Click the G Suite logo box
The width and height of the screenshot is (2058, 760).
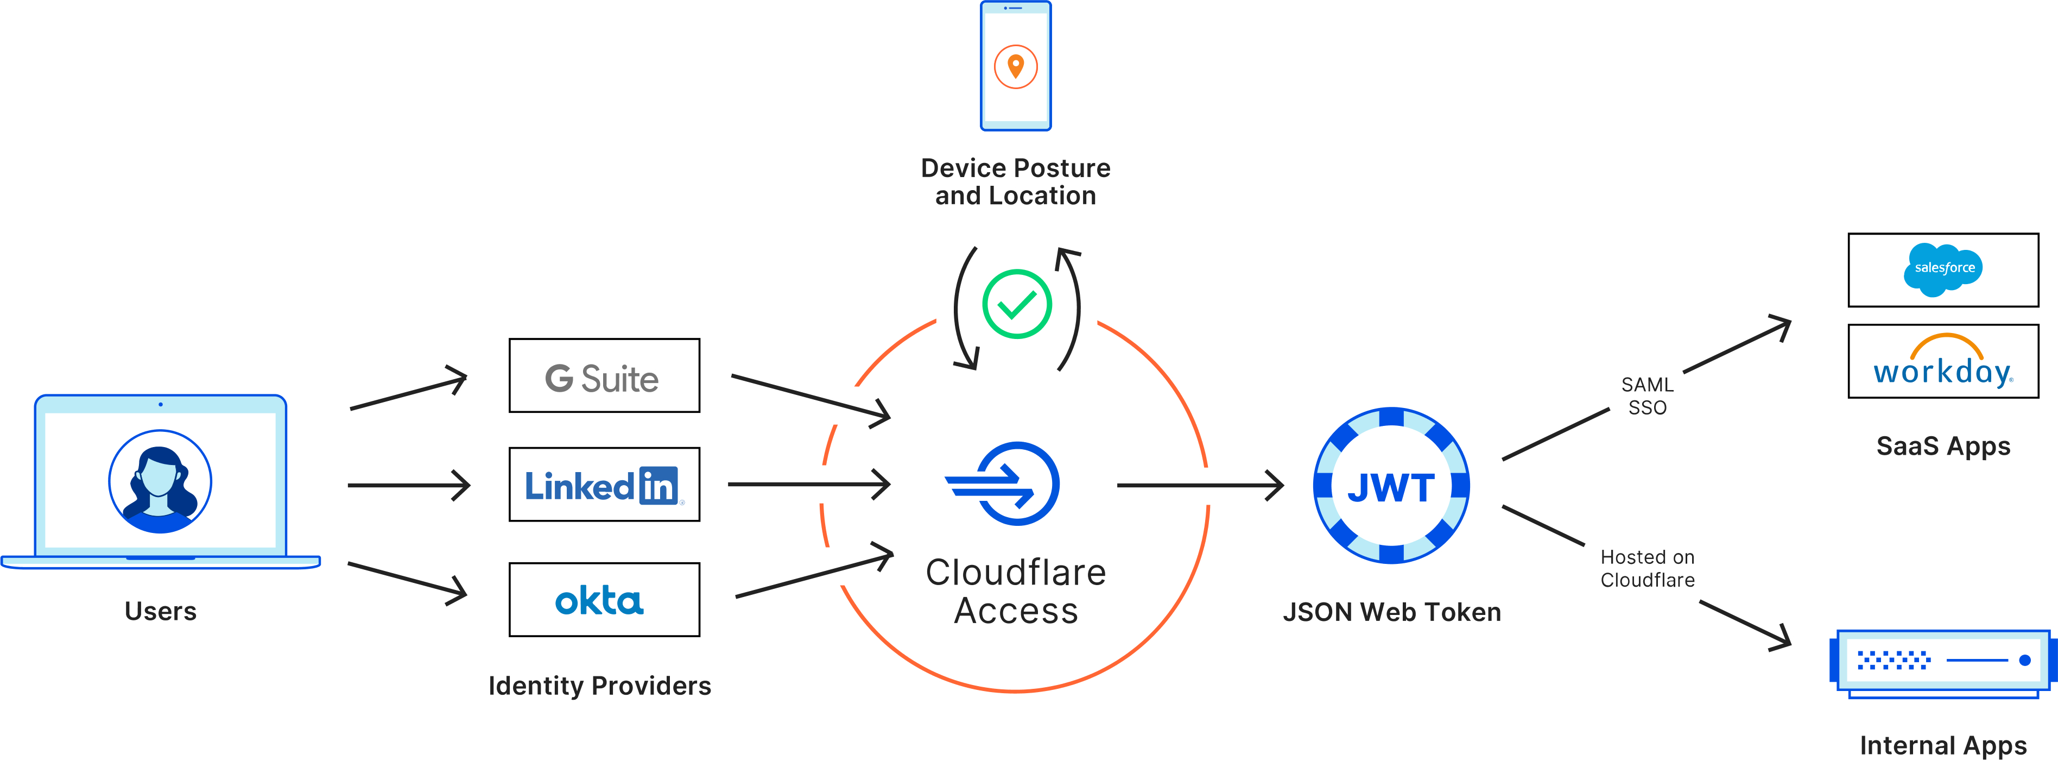[x=604, y=375]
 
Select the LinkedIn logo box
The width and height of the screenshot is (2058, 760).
[x=604, y=484]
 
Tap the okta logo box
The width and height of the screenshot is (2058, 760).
[x=604, y=599]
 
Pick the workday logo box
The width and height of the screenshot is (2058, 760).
[x=1943, y=361]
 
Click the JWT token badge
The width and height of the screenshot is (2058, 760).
[x=1391, y=486]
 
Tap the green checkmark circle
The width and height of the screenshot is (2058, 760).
[x=1016, y=304]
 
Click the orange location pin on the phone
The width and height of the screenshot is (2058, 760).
[x=1015, y=66]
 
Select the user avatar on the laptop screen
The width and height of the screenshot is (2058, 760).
[x=160, y=481]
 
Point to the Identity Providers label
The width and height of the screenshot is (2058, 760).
[x=599, y=686]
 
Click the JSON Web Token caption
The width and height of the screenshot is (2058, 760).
[x=1391, y=612]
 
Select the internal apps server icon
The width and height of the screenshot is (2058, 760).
[x=1941, y=662]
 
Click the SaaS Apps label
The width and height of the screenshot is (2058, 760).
[x=1942, y=446]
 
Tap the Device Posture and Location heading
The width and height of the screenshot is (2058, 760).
[x=1015, y=181]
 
